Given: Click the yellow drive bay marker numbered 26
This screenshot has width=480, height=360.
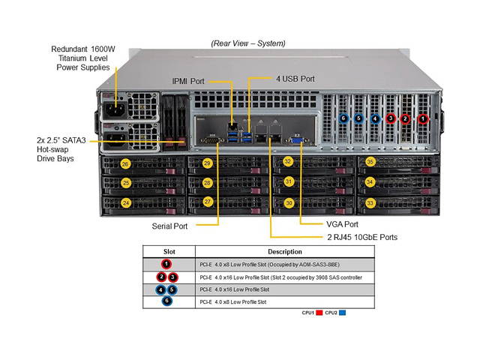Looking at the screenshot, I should tap(126, 163).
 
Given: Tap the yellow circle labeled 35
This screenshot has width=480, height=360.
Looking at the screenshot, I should tap(370, 162).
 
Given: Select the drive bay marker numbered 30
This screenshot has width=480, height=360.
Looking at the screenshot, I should tap(288, 202).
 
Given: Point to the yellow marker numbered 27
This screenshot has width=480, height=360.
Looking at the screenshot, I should tap(208, 202).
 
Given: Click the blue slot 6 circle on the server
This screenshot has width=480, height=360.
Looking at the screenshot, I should tap(343, 118).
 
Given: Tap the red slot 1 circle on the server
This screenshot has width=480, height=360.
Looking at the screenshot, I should tap(423, 118).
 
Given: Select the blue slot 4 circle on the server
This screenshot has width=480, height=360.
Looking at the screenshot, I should tap(375, 118).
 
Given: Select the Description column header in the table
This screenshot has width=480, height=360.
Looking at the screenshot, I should tap(284, 252).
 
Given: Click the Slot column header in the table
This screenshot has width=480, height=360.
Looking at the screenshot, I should tap(169, 252).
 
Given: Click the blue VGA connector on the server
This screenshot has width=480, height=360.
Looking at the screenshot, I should tap(296, 139).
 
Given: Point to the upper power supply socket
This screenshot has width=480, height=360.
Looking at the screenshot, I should tap(110, 106).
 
